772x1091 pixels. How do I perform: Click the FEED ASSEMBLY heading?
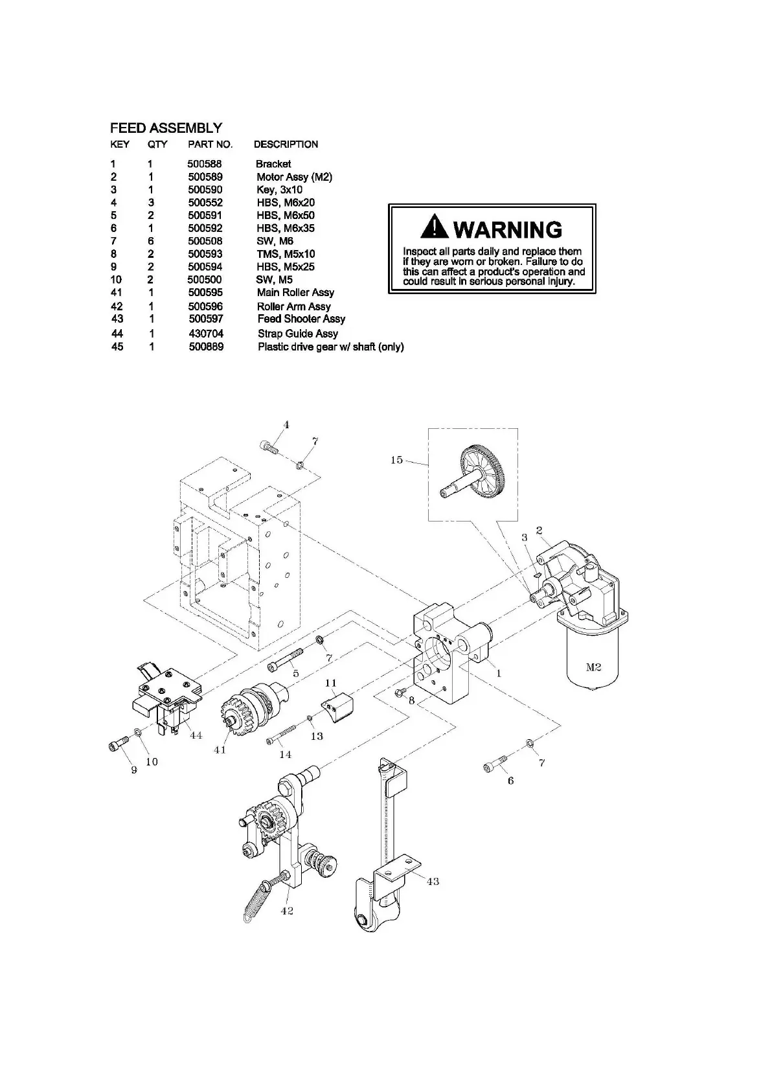166,128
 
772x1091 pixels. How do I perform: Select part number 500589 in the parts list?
205,177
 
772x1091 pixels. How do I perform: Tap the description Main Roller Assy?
295,292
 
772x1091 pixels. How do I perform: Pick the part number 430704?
207,333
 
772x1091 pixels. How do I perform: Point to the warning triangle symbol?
433,227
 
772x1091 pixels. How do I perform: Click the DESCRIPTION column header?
286,144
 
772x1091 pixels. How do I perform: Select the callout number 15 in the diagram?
396,460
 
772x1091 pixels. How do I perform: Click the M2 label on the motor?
593,668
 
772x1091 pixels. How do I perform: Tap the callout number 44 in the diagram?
196,735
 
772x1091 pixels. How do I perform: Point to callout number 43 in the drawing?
432,881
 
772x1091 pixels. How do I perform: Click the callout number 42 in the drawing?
287,910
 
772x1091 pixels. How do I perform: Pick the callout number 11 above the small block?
331,683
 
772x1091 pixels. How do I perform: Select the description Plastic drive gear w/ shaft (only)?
330,347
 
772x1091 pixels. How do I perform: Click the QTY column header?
157,144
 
